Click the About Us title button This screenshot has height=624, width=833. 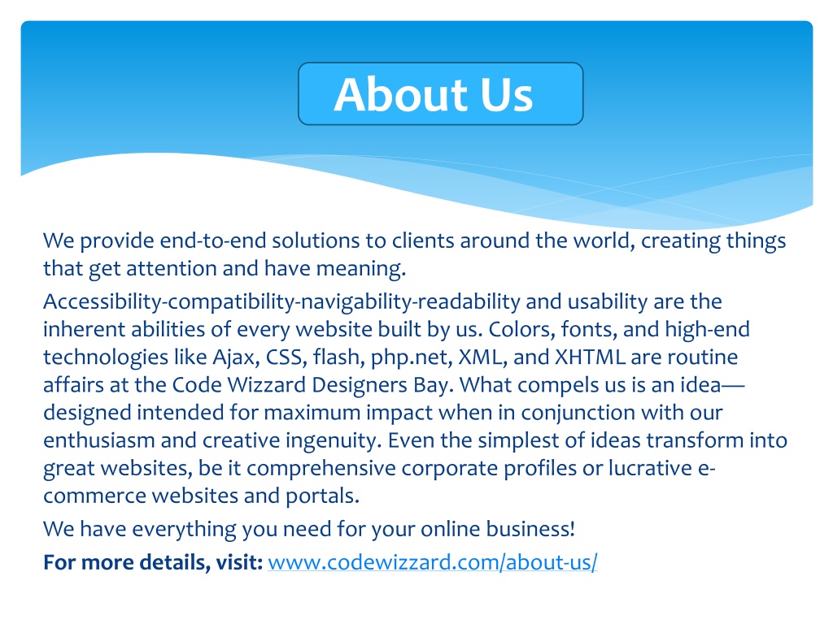(440, 94)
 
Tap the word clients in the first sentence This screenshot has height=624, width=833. (423, 240)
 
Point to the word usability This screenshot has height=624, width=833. (608, 302)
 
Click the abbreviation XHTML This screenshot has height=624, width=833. (590, 357)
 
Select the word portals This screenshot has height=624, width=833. (323, 496)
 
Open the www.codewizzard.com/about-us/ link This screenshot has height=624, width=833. (433, 562)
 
